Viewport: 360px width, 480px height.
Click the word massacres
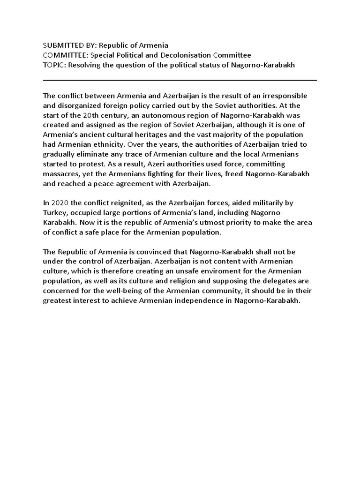[61, 174]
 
